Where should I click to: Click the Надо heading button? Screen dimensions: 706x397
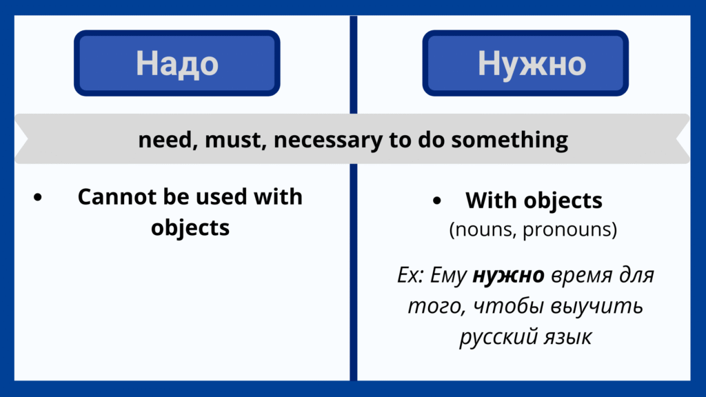[177, 63]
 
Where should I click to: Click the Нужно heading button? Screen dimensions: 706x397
[525, 63]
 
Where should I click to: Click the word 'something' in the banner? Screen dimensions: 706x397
[510, 140]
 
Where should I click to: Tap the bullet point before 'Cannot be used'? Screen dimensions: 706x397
[38, 196]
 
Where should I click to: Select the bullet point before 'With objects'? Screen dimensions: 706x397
[436, 201]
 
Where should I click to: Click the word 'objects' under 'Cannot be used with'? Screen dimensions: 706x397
[190, 227]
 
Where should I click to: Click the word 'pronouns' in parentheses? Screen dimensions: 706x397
[569, 230]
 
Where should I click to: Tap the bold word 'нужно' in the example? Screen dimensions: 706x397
[508, 275]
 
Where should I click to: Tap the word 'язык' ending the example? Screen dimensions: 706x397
[567, 337]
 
